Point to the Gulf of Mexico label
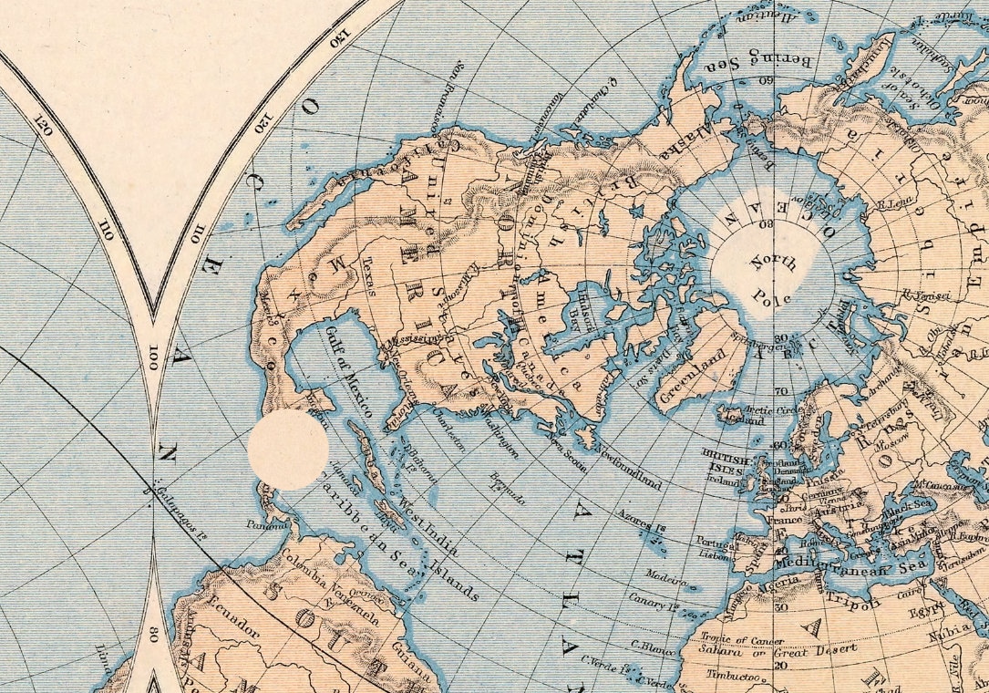[x=348, y=372]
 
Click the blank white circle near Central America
[x=289, y=450]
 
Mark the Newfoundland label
[x=628, y=466]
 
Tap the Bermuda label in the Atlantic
[x=510, y=488]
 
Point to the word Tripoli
[x=854, y=600]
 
